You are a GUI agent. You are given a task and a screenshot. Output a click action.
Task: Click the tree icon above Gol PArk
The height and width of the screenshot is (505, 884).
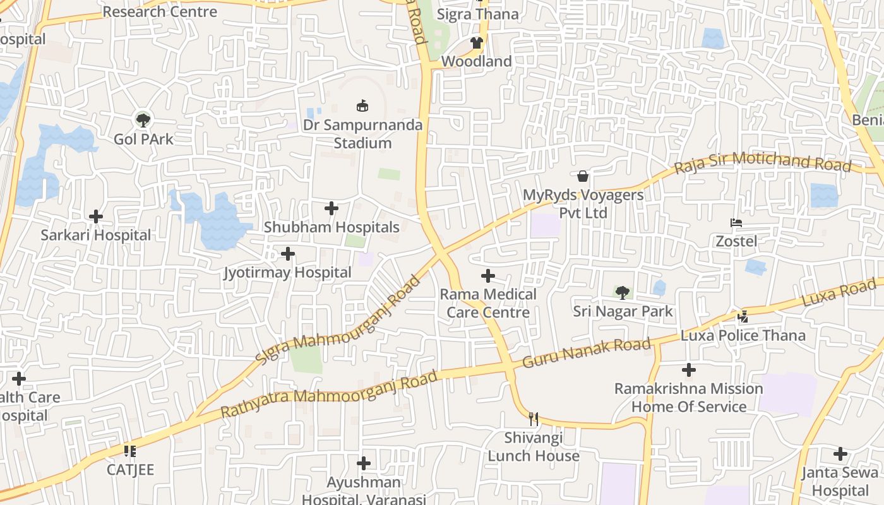[x=143, y=119]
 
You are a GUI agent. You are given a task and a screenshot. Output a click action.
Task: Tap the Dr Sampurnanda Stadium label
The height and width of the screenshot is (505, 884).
[x=362, y=134]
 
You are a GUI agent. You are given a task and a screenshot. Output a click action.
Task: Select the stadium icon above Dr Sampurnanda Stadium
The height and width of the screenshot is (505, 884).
[x=362, y=105]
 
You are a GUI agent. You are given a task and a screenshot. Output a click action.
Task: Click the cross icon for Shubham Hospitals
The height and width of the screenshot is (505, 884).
[x=331, y=208]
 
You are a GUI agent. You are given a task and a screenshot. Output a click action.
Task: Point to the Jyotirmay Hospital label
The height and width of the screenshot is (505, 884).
[x=287, y=273]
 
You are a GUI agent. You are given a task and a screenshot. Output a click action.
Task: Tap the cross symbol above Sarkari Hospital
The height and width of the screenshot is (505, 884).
[x=96, y=217]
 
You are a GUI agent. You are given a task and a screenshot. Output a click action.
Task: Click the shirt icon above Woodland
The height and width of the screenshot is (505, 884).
[x=476, y=43]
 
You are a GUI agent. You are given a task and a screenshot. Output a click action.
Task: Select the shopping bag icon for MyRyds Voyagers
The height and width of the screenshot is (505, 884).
[x=583, y=175]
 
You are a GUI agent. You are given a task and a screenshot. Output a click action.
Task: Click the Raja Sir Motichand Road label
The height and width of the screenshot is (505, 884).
[x=763, y=162]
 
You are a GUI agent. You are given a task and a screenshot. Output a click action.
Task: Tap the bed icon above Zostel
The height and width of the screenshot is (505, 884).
[x=736, y=222]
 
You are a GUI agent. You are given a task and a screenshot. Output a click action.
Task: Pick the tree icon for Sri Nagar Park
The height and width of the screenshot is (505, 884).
[x=623, y=292]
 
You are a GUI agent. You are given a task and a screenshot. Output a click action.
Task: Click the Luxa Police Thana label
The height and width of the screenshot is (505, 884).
[x=743, y=335]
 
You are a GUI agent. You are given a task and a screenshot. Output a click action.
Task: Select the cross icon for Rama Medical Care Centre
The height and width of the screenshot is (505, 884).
[x=488, y=276]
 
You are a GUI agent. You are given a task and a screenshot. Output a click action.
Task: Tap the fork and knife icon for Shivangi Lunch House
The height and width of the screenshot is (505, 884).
[x=534, y=419]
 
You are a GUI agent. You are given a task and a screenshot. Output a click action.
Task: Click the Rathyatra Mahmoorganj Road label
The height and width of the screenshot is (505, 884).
[x=328, y=395]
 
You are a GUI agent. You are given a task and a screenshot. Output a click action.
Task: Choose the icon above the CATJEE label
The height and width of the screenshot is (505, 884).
[x=130, y=451]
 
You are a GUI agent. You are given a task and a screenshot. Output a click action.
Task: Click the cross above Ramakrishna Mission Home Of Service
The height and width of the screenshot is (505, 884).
[x=689, y=370]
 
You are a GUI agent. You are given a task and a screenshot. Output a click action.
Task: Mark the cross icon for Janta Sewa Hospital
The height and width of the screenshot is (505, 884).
[x=840, y=454]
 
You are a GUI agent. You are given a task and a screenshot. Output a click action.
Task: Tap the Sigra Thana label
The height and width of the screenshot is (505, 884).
[x=478, y=14]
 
